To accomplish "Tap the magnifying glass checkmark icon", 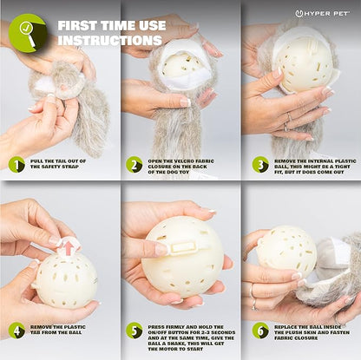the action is tap(28, 33).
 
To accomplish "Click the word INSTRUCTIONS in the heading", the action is tap(109, 40).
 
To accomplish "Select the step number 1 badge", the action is tap(16, 165).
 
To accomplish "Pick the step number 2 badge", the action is tap(135, 165).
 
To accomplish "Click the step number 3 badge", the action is tap(260, 165).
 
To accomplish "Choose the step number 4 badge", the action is tap(16, 331).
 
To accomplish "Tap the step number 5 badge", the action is tap(135, 331).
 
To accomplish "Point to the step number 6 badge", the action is tap(260, 331).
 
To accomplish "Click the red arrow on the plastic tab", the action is tap(69, 247).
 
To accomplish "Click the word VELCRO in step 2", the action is tap(178, 161).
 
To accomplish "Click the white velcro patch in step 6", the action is tap(340, 249).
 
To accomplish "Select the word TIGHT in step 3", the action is tap(343, 167).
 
